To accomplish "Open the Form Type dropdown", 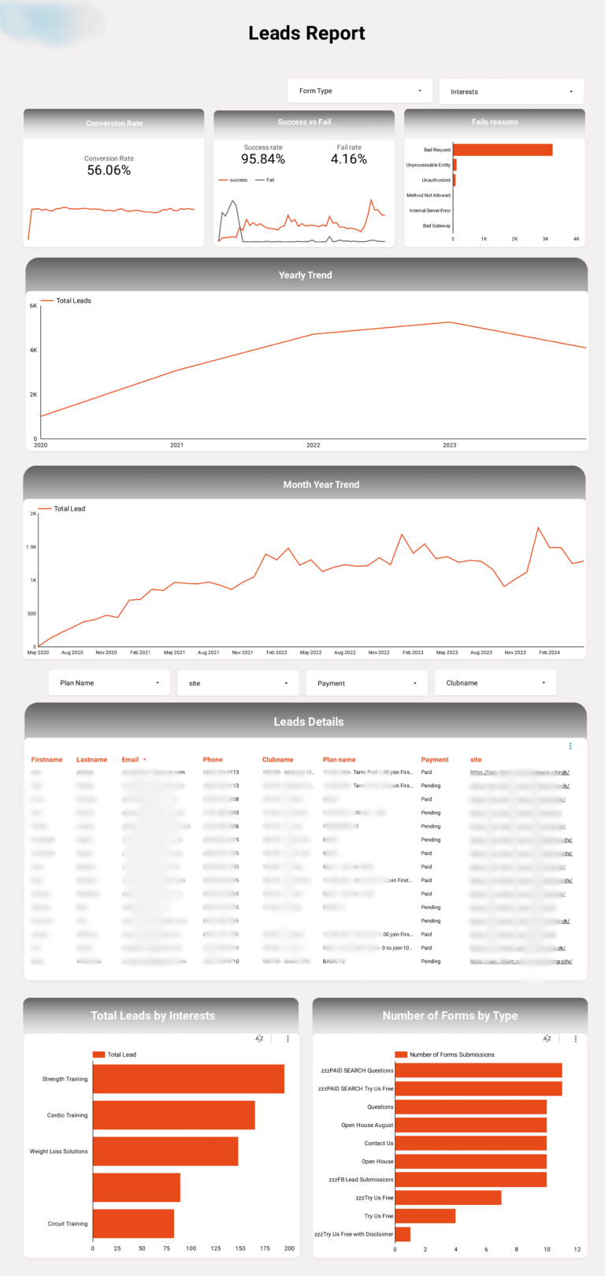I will (x=360, y=91).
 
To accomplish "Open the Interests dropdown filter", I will (x=510, y=91).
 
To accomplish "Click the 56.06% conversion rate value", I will (x=109, y=170).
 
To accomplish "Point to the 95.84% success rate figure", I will (x=263, y=159).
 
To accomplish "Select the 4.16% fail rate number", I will (x=349, y=159).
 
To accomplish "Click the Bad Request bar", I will (x=503, y=150).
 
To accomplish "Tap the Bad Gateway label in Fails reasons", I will (x=436, y=226).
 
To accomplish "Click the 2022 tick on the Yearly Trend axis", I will (x=314, y=445).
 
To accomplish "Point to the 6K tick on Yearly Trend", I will (x=33, y=306).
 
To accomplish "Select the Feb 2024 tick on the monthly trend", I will (x=549, y=653).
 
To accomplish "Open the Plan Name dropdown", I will (x=109, y=683).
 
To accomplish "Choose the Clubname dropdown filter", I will (x=495, y=683).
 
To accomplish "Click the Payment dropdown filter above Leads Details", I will (x=366, y=683).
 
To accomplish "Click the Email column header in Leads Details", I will (x=130, y=760).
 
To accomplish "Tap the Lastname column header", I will (x=91, y=760).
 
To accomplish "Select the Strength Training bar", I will (x=188, y=1079).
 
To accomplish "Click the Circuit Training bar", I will (x=133, y=1224).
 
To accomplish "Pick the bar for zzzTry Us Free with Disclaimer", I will (x=403, y=1234).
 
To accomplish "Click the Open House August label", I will (x=367, y=1125).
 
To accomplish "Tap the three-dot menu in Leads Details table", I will (x=570, y=746).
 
